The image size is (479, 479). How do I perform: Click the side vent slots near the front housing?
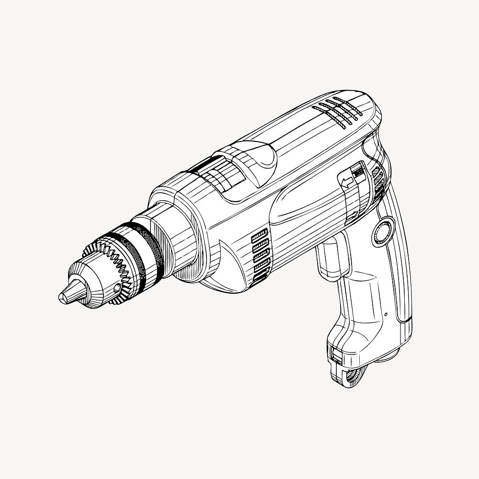259,256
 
